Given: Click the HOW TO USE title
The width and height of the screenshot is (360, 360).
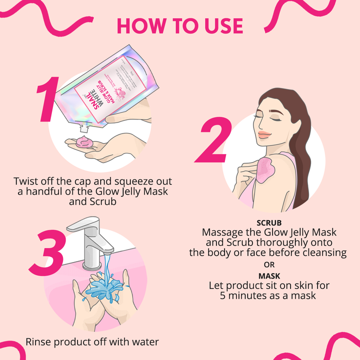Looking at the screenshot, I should coord(180,26).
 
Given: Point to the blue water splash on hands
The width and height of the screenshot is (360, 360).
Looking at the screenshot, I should coord(105,288).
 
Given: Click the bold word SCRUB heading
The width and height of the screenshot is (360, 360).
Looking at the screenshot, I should coord(268,222).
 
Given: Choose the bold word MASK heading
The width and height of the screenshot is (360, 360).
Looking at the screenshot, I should coord(268,275).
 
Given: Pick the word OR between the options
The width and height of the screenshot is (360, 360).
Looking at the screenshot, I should coord(268,264).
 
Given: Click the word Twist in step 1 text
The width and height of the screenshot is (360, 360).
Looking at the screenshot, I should coord(28,180).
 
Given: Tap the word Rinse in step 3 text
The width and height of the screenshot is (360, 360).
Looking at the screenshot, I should coord(40,342).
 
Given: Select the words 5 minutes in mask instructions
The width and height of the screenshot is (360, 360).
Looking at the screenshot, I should coord(244,295).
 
